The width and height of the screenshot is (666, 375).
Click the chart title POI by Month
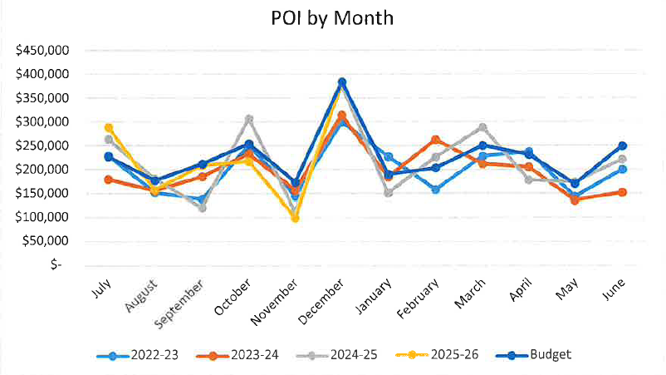(x=332, y=17)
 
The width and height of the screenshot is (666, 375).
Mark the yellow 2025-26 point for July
(x=108, y=128)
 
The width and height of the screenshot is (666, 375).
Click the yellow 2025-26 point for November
(x=295, y=218)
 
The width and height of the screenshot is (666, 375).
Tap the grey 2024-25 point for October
(x=248, y=119)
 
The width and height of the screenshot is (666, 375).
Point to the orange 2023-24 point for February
(x=436, y=140)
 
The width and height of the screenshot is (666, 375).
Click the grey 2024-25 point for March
(x=482, y=127)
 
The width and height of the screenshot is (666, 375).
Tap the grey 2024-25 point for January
(x=389, y=192)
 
